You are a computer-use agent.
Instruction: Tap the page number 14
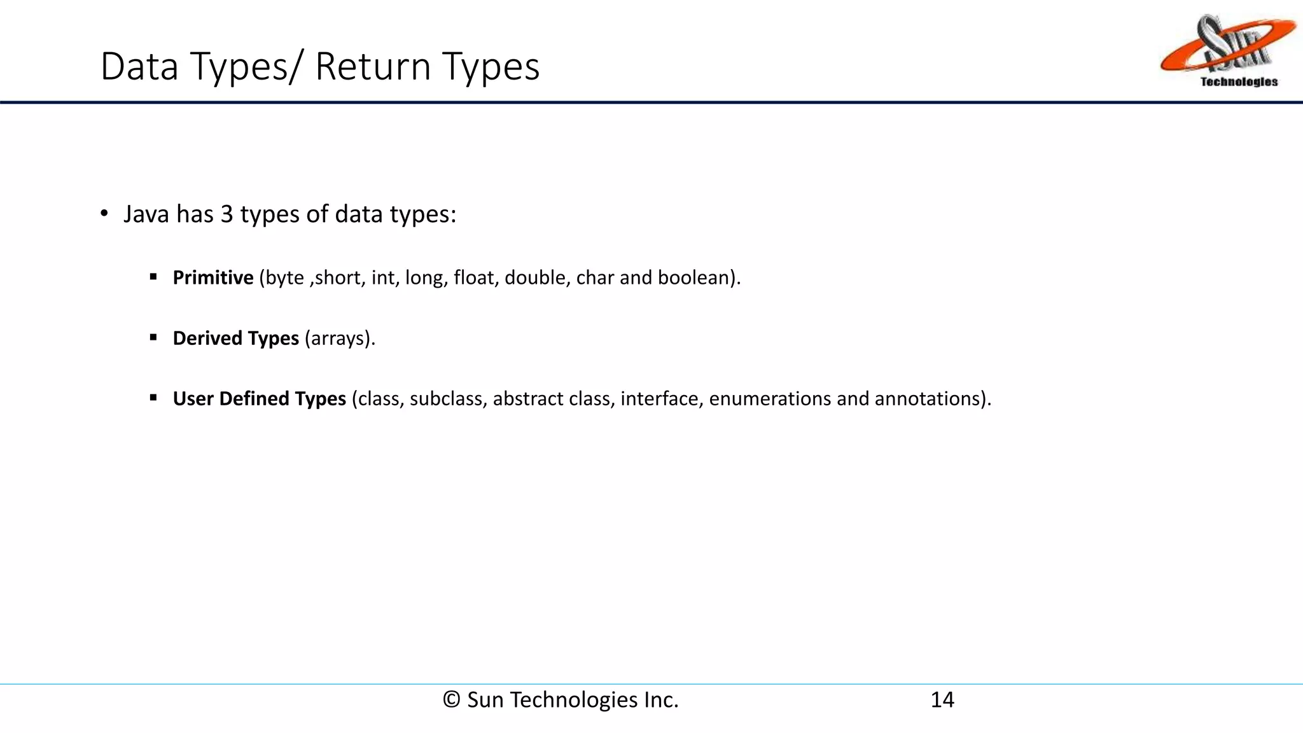[x=942, y=700]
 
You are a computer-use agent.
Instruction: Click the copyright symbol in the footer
[x=451, y=700]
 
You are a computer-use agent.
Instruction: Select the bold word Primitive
[x=213, y=277]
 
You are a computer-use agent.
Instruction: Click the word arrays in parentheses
[x=338, y=338]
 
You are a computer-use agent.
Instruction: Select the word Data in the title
[x=139, y=66]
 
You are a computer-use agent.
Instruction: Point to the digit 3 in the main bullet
[x=226, y=214]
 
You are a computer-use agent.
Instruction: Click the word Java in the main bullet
[x=146, y=214]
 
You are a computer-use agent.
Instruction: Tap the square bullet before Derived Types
[x=153, y=338]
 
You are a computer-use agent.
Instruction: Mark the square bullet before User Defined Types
[x=153, y=398]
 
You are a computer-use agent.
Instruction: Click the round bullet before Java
[x=104, y=214]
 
